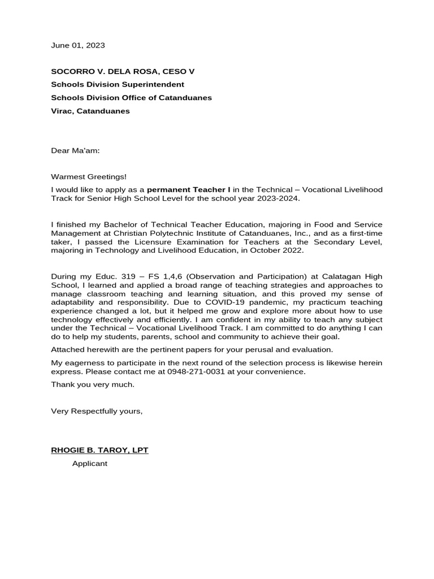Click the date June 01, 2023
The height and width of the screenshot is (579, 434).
(x=78, y=45)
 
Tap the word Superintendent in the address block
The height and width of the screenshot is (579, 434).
(x=152, y=84)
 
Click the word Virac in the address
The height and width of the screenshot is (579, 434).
(x=62, y=111)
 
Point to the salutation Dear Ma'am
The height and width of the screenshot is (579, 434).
(x=75, y=150)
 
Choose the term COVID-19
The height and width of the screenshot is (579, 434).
(x=226, y=303)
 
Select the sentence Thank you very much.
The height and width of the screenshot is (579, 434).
(x=93, y=384)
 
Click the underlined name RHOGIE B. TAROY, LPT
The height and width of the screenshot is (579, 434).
(x=99, y=450)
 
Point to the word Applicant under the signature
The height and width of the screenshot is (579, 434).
(x=89, y=464)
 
